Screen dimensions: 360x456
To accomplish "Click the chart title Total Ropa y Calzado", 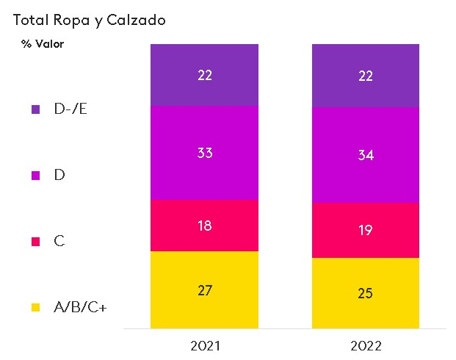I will [x=90, y=20].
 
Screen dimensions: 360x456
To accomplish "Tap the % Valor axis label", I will [x=43, y=44].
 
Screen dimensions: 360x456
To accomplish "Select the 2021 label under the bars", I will [x=204, y=345].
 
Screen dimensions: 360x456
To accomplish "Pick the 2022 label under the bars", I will [x=366, y=345].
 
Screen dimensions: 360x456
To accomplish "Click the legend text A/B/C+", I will [x=81, y=307].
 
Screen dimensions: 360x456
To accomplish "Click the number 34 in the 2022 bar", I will [x=366, y=155].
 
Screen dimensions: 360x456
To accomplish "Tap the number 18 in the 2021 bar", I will [x=204, y=226].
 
